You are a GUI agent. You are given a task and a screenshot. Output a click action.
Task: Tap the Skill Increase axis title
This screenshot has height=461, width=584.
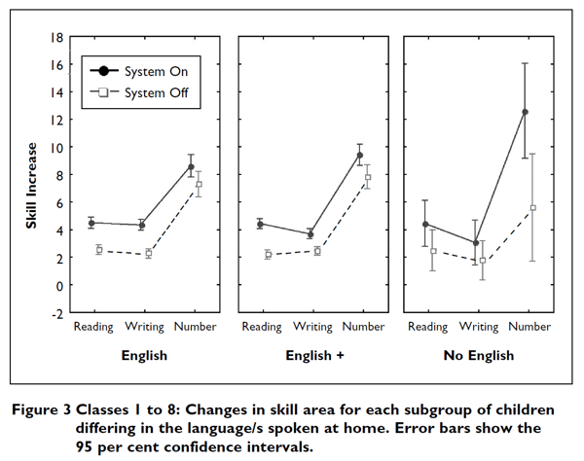32,187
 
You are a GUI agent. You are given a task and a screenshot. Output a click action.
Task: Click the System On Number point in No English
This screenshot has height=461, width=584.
526,112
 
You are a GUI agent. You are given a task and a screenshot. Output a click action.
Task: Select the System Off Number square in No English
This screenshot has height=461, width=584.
533,208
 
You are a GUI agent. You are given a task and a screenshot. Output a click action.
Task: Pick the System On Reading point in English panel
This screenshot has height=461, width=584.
91,223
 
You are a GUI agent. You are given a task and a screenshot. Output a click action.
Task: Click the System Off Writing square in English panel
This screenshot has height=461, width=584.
149,254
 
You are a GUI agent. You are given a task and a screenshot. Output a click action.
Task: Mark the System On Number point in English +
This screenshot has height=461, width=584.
360,155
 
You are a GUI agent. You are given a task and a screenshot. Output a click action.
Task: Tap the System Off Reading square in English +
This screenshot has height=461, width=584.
267,255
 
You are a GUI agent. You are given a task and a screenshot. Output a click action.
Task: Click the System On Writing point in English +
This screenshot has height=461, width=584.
310,234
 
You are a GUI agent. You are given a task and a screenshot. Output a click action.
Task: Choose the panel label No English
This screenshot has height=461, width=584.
478,356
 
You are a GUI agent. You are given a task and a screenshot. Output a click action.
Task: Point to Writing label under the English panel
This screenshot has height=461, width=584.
144,328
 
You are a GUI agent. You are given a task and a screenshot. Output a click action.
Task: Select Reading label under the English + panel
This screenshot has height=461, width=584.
262,328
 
